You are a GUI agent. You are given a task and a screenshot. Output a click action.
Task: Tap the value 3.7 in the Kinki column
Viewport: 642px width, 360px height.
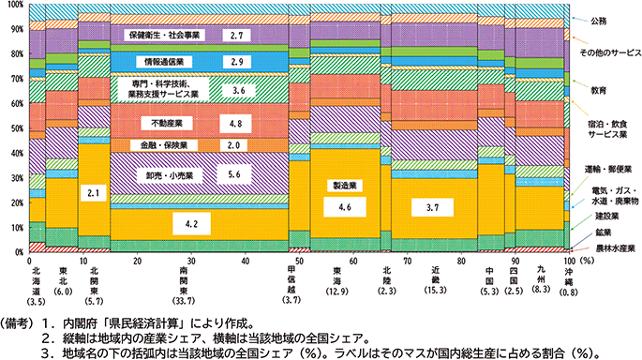(x=432, y=206)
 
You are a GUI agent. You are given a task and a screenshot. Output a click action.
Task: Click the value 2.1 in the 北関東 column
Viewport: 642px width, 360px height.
(x=93, y=193)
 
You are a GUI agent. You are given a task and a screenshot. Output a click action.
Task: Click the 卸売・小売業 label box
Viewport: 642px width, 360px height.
(x=169, y=175)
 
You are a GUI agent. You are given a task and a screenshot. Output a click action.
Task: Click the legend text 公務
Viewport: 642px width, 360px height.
(x=599, y=19)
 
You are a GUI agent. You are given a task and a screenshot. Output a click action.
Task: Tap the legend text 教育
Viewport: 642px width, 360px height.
(x=599, y=91)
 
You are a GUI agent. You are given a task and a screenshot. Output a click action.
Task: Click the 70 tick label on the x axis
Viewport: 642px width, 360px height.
(x=410, y=262)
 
